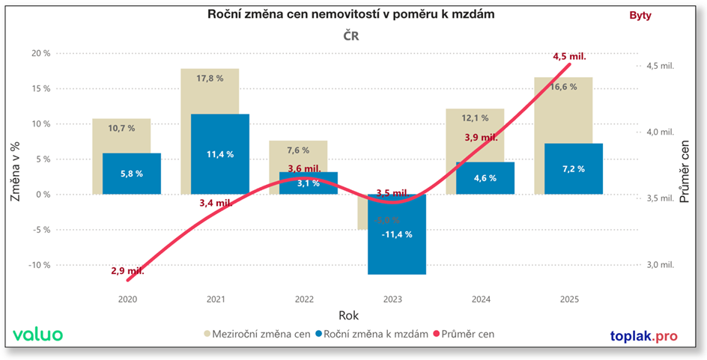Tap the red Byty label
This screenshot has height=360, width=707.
[640, 15]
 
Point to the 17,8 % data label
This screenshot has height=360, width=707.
[209, 79]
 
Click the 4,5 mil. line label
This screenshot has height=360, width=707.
[568, 56]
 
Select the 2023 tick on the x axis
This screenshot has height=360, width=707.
[392, 299]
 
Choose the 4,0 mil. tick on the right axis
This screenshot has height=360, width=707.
[660, 132]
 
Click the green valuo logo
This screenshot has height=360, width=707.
[38, 335]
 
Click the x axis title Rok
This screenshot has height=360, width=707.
[348, 315]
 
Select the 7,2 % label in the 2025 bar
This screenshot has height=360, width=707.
[574, 168]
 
